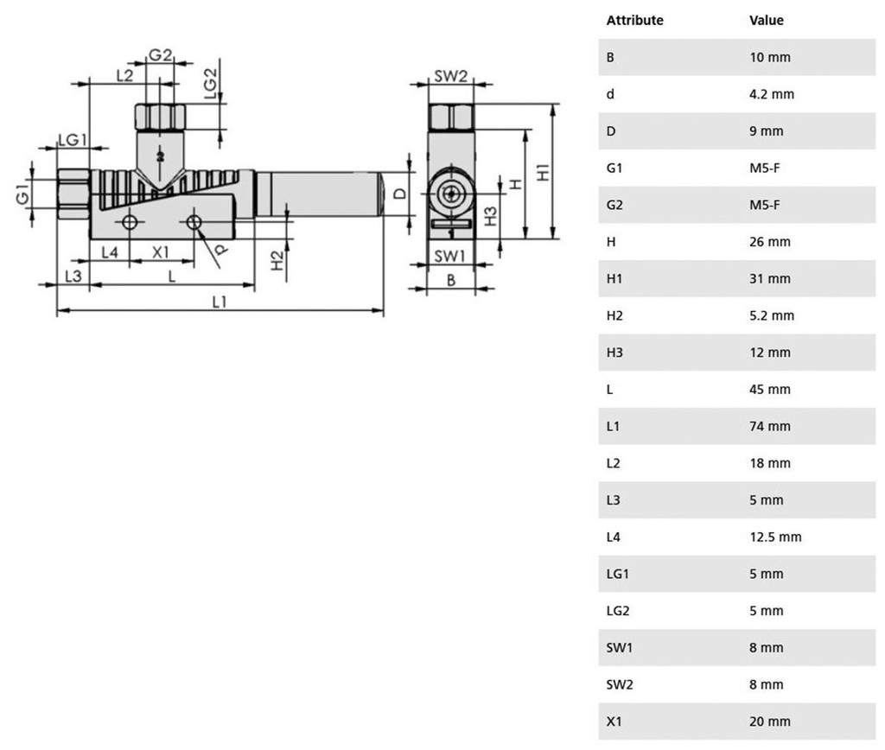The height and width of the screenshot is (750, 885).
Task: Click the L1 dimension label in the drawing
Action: [x=219, y=302]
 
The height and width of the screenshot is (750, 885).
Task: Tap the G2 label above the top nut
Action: [x=160, y=54]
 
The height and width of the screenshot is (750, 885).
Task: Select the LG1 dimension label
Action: [x=73, y=139]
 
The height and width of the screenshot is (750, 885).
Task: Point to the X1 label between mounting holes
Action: [x=161, y=252]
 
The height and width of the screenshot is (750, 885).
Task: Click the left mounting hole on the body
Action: [x=130, y=222]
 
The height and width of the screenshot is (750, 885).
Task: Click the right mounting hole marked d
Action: [x=194, y=222]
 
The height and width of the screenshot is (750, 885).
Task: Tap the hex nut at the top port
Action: [x=160, y=117]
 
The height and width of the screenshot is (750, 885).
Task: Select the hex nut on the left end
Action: [x=73, y=194]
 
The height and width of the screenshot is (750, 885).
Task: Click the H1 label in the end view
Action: [x=543, y=172]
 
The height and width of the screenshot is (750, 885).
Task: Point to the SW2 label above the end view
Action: [x=451, y=76]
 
